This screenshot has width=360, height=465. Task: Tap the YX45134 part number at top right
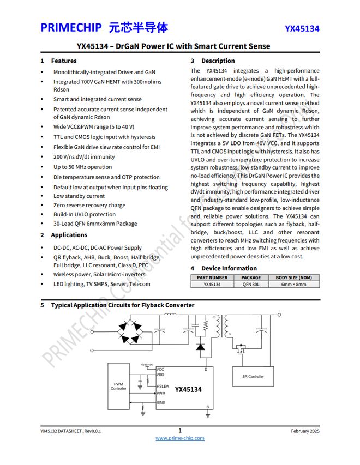click(x=302, y=29)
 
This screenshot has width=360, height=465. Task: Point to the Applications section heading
click(x=69, y=235)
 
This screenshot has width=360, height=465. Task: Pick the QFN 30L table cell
click(x=251, y=284)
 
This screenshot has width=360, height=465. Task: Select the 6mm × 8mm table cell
click(x=293, y=284)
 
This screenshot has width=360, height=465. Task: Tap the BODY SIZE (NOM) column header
click(x=293, y=277)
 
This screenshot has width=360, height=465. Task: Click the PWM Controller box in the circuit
click(x=118, y=386)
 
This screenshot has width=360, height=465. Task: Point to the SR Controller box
click(x=253, y=376)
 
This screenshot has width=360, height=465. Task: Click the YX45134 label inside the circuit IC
click(x=188, y=389)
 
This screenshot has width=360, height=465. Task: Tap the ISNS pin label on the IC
click(x=161, y=403)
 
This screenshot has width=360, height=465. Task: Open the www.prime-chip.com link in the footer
click(x=180, y=438)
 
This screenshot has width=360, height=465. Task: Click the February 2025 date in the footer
click(x=305, y=431)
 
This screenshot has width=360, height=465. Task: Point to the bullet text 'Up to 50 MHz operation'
click(x=82, y=167)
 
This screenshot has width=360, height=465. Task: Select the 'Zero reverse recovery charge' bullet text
click(x=89, y=206)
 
